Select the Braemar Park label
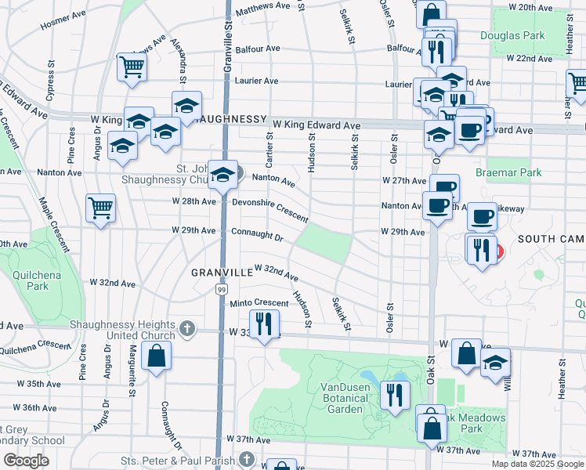508,172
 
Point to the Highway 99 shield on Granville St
222,289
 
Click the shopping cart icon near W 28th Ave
101,208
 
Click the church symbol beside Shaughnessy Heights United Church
186,328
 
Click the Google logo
26,461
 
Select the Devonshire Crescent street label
270,207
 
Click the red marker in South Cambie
497,253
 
